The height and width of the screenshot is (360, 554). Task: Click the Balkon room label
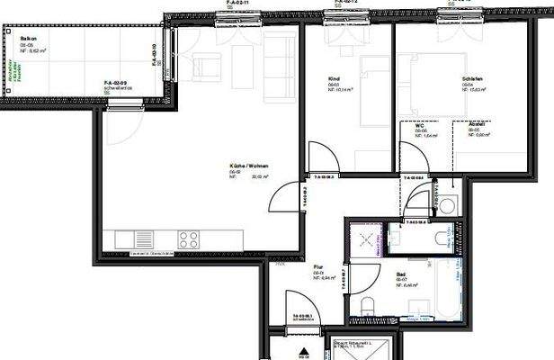[x=30, y=40]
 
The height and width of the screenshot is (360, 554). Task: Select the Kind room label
[x=334, y=80]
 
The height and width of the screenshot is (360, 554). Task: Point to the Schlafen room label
[x=472, y=79]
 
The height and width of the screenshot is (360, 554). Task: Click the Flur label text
[x=318, y=267]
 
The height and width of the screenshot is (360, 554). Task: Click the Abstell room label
[x=478, y=125]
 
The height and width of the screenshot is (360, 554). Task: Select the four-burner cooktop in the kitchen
[x=189, y=239]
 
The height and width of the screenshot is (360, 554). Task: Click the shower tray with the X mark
[x=367, y=238]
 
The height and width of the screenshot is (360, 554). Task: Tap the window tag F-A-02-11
[x=239, y=3]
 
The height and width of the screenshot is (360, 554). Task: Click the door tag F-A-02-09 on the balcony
[x=119, y=82]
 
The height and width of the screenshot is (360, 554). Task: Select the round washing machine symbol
[x=448, y=203]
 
